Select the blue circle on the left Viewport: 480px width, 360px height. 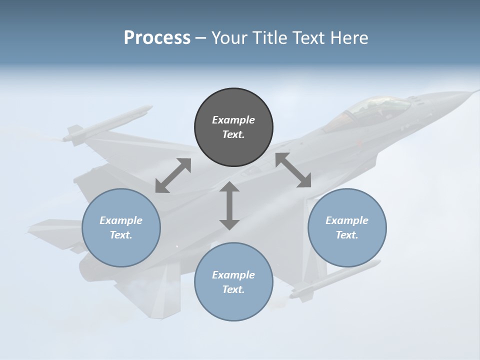[121, 227]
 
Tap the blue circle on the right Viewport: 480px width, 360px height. [347, 227]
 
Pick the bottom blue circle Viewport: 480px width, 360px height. [233, 282]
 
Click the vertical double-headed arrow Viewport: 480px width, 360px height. [229, 206]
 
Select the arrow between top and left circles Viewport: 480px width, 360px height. [173, 175]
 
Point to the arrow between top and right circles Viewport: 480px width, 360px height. [293, 170]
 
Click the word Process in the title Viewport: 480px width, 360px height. [157, 37]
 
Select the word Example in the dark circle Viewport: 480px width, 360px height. [233, 120]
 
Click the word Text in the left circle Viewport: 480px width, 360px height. [121, 235]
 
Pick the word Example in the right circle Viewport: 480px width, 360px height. [347, 220]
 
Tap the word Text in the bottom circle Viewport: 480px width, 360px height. [233, 289]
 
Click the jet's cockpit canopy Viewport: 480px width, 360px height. [375, 107]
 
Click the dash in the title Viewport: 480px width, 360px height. [200, 37]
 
